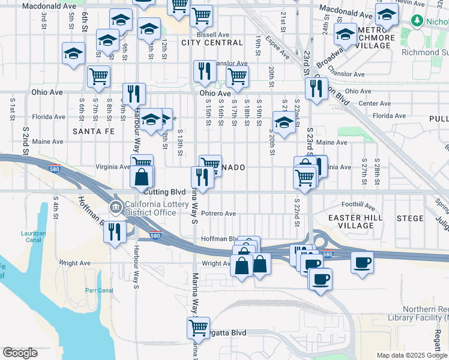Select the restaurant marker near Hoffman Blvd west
tap(115, 231)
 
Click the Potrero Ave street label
tap(218, 214)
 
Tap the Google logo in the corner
tap(20, 353)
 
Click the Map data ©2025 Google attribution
tap(412, 355)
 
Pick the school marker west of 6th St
tap(73, 53)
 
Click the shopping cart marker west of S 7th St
tap(98, 76)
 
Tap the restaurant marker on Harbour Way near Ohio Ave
tap(133, 94)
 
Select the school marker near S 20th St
tap(283, 122)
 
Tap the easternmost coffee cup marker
tap(362, 262)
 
